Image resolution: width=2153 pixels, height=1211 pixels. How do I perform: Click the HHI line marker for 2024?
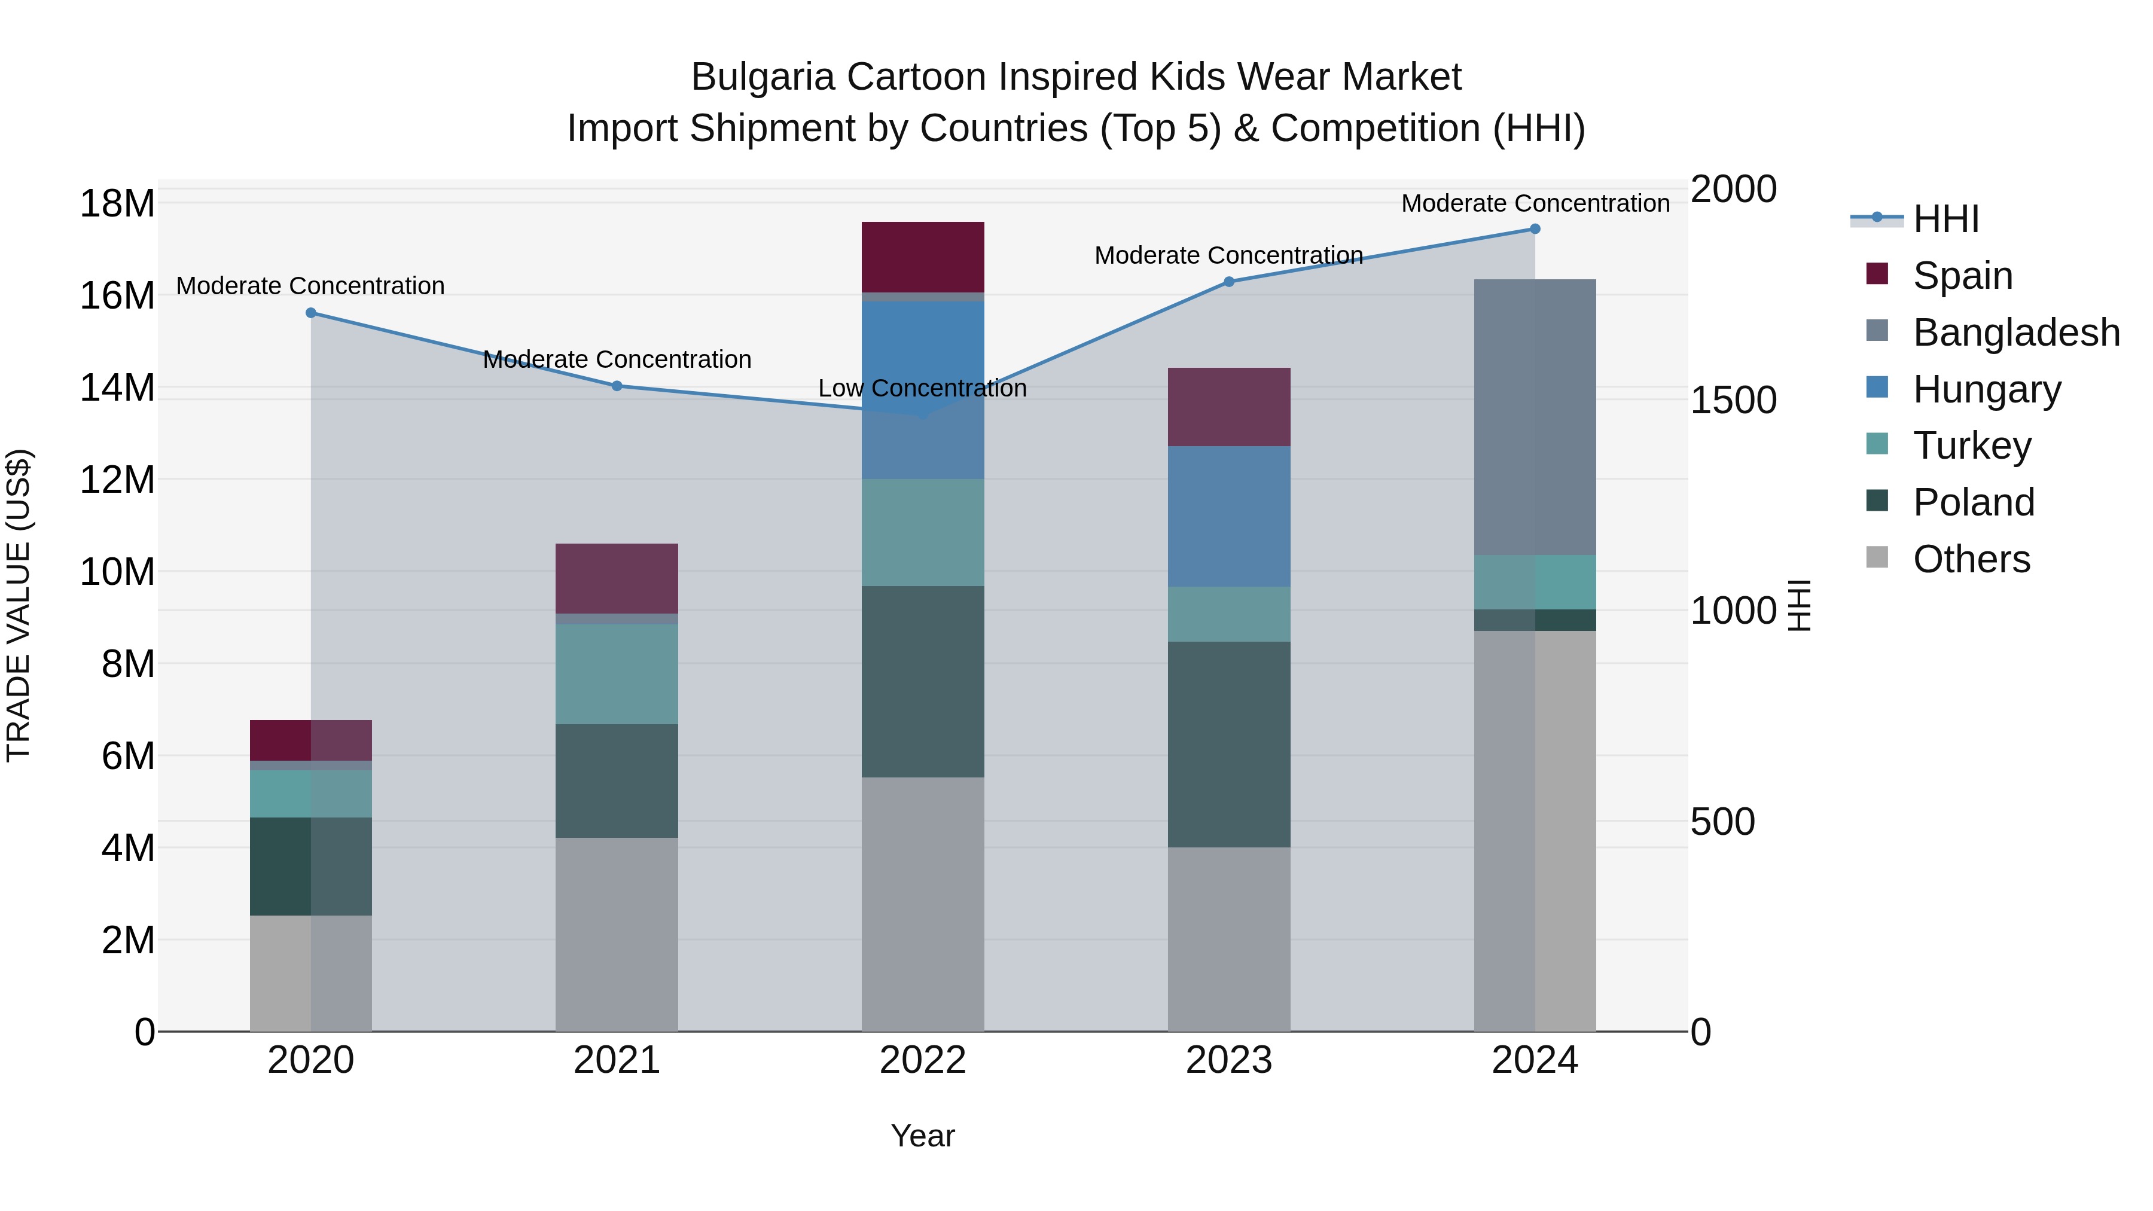[x=1535, y=229]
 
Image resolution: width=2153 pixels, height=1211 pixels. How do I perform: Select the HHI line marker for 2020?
[x=311, y=313]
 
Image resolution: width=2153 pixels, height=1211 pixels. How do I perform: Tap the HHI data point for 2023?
[x=1228, y=282]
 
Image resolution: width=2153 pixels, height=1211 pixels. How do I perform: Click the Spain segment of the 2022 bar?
[x=923, y=257]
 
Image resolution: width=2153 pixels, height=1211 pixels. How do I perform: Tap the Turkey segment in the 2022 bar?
[x=923, y=532]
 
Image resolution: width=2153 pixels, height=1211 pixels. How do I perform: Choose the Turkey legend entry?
[x=1972, y=446]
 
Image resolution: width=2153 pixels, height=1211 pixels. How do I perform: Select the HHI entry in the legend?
[x=1945, y=219]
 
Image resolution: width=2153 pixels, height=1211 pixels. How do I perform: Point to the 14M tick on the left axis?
[x=117, y=388]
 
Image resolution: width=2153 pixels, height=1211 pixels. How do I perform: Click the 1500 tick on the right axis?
[x=1733, y=399]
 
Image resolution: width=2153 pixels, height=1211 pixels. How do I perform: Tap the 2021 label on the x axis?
[x=617, y=1060]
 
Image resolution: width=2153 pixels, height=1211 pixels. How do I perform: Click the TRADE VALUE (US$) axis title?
[x=19, y=605]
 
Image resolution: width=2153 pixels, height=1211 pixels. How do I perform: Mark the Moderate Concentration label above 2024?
[x=1535, y=203]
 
